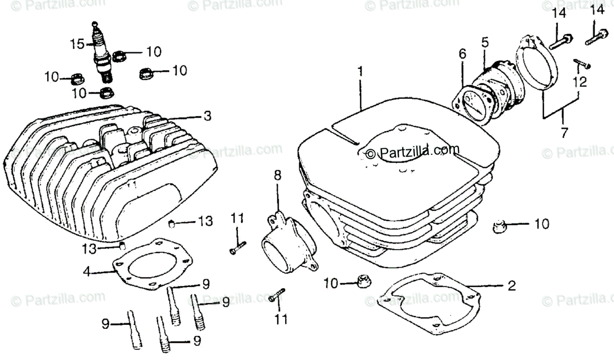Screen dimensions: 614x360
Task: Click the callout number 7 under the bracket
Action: pos(564,133)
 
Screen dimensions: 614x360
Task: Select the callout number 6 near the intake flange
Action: pos(462,53)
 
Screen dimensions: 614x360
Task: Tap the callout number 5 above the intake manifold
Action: pos(485,43)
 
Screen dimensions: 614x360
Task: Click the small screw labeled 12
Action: pos(582,64)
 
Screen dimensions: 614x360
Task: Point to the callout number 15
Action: pos(77,44)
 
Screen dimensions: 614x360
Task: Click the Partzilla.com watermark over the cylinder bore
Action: pos(409,151)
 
